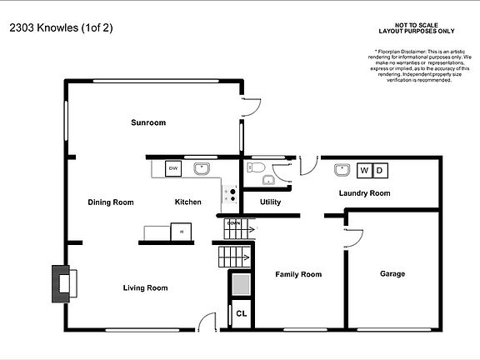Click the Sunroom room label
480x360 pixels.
[148, 122]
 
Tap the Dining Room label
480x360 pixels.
[111, 202]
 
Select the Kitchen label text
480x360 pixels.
[187, 202]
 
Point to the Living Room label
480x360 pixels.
[145, 287]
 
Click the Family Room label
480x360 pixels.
[298, 274]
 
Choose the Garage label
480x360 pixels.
[392, 274]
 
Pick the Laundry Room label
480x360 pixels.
[364, 193]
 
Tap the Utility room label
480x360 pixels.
[270, 202]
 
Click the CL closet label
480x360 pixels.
[241, 314]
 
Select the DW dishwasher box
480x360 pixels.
[173, 169]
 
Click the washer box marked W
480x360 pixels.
[363, 171]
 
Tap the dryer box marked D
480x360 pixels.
[379, 171]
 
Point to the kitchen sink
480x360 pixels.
[202, 169]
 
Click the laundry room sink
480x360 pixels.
[342, 171]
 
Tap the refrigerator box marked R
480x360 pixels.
[181, 232]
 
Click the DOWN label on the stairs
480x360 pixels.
[234, 224]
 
